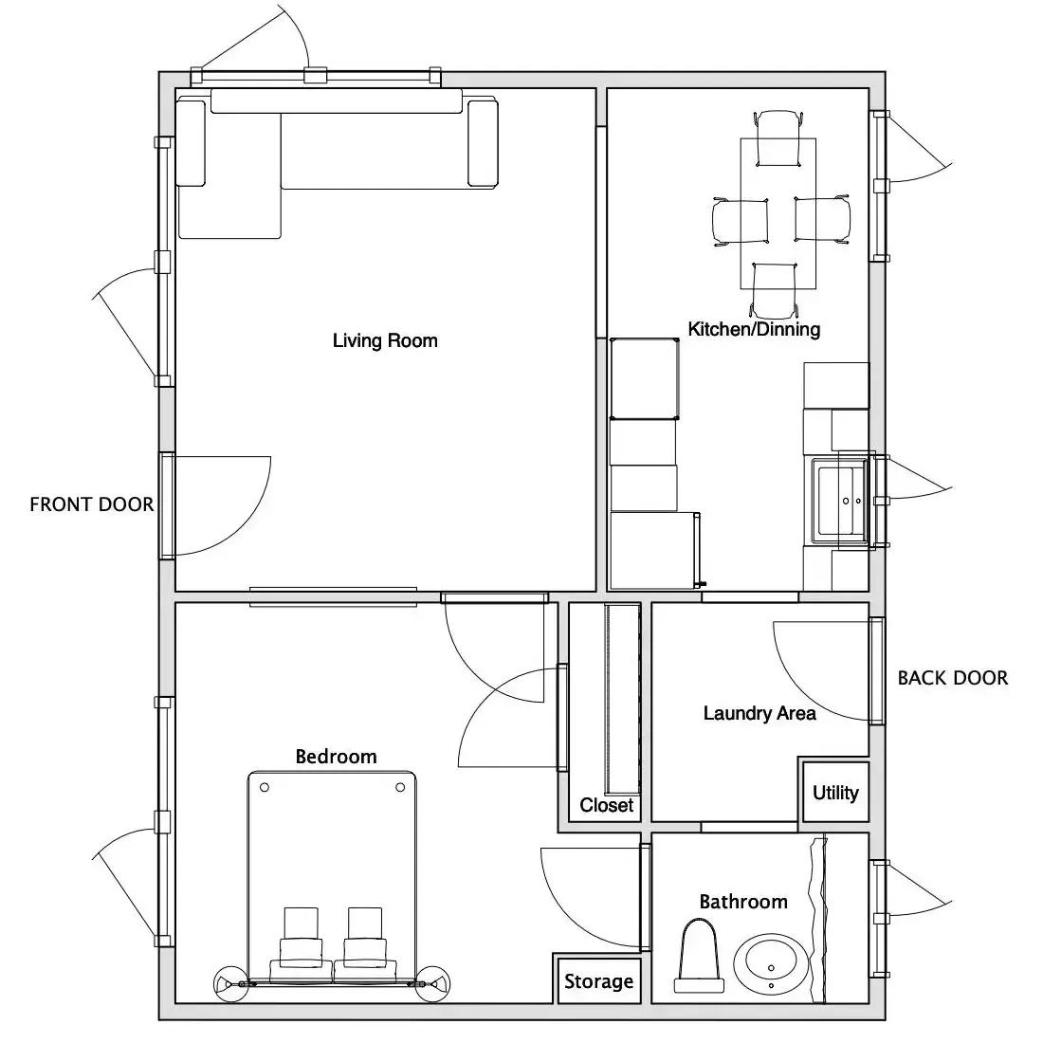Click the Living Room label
coord(385,340)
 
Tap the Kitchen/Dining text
coord(754,329)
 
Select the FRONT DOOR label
coord(92,504)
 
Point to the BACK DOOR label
coord(953,678)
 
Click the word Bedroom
coord(336,757)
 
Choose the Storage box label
coord(598,981)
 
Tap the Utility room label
coord(835,793)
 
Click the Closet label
coord(606,805)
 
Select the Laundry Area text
coord(759,713)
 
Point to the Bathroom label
coord(743,902)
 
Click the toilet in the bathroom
coord(699,955)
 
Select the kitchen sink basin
coord(839,501)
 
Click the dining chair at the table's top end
coord(778,138)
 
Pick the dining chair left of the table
coord(741,222)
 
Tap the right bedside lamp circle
coord(432,983)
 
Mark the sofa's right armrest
coord(483,143)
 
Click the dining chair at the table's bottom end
coord(774,291)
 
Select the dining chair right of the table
coord(823,220)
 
